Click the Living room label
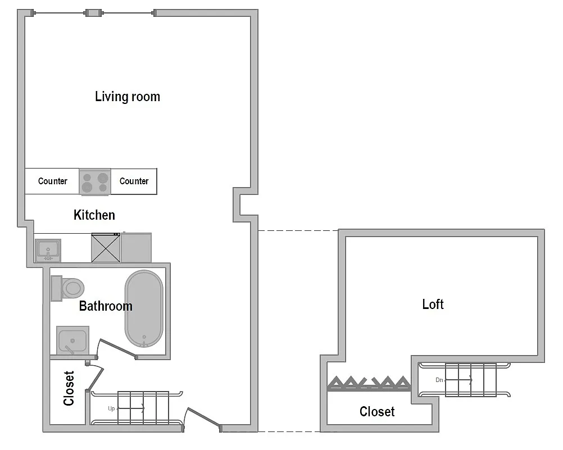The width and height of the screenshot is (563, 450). pyautogui.click(x=128, y=97)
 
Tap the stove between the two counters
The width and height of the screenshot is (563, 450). pyautogui.click(x=95, y=182)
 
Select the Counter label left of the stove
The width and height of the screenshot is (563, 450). pyautogui.click(x=52, y=181)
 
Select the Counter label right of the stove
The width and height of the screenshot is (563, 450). pyautogui.click(x=134, y=181)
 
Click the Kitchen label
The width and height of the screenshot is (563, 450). pyautogui.click(x=94, y=215)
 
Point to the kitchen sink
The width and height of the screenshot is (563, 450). pyautogui.click(x=48, y=249)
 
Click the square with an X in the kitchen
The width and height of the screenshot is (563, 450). pyautogui.click(x=106, y=248)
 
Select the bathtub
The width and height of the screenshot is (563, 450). pyautogui.click(x=144, y=309)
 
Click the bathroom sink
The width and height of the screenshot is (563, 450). pyautogui.click(x=72, y=340)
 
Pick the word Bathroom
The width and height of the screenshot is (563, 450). pyautogui.click(x=106, y=306)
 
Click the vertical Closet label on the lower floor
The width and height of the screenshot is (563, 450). pyautogui.click(x=69, y=388)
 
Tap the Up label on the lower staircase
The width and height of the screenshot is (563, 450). pyautogui.click(x=111, y=408)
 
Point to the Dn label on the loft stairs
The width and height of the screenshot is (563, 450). pyautogui.click(x=439, y=380)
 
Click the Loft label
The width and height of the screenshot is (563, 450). pyautogui.click(x=433, y=304)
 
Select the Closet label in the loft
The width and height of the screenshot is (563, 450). pyautogui.click(x=377, y=412)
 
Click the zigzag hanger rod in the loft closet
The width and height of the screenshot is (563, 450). pyautogui.click(x=369, y=383)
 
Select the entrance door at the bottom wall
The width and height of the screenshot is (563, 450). pyautogui.click(x=203, y=419)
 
